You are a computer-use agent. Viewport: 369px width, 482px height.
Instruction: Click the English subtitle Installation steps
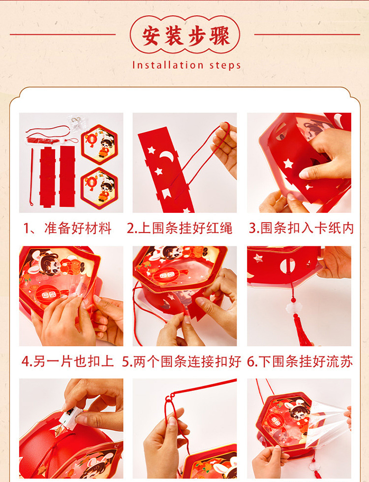[x=186, y=65]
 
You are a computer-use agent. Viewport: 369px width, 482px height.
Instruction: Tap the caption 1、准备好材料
[x=67, y=228]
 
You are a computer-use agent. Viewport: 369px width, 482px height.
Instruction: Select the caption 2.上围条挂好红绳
[x=180, y=228]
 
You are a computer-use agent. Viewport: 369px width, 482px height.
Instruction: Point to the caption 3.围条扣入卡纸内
[x=301, y=228]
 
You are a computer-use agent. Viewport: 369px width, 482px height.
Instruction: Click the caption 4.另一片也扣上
[x=67, y=362]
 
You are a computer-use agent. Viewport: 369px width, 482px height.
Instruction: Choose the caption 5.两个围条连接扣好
[x=182, y=362]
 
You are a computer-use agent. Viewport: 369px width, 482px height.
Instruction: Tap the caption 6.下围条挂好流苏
[x=300, y=362]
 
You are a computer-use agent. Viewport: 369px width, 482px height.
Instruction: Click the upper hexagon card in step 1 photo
[x=99, y=144]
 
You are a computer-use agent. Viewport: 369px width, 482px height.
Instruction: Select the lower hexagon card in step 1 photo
[x=99, y=188]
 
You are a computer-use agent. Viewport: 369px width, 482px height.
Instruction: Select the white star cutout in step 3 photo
[x=288, y=163]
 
